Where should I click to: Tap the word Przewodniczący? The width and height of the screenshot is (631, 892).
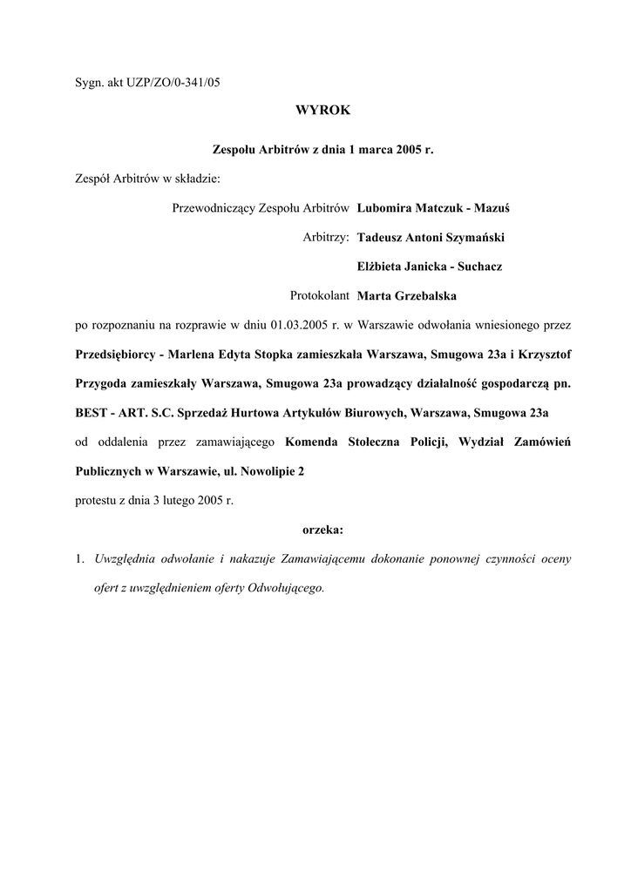pos(213,208)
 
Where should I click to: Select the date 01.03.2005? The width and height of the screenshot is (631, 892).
pos(298,325)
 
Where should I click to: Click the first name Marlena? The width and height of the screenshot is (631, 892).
pos(197,355)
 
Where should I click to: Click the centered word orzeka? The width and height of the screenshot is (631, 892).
pos(322,529)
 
